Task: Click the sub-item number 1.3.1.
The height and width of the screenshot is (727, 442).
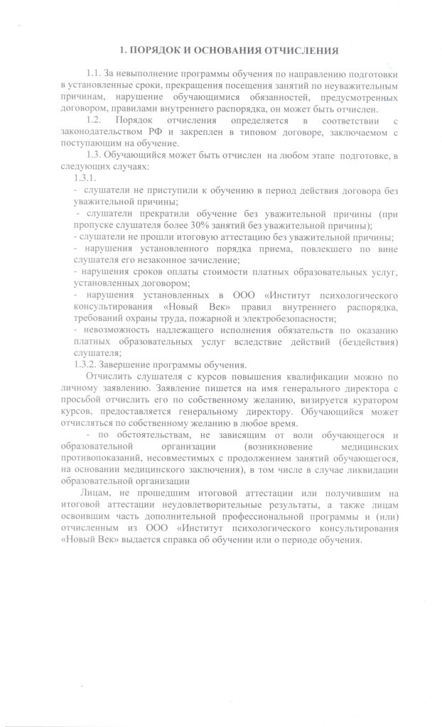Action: (85, 177)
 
